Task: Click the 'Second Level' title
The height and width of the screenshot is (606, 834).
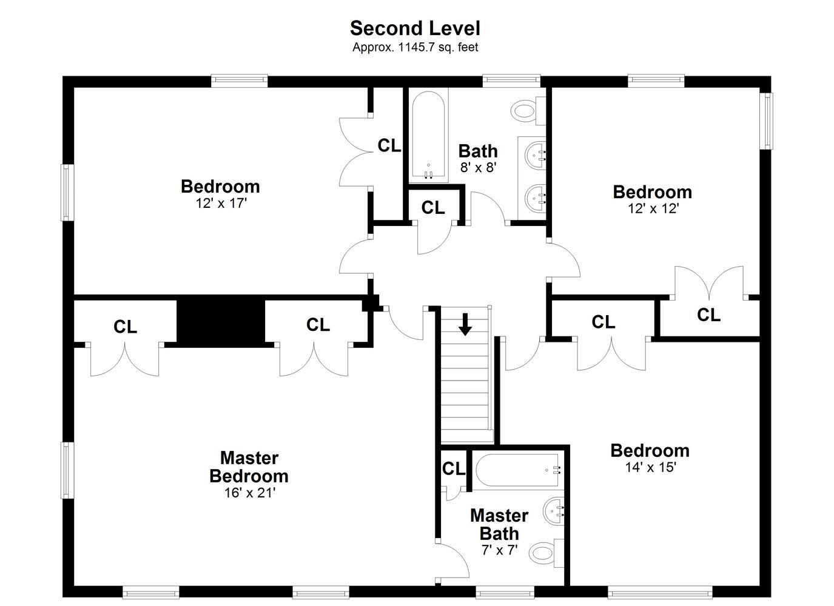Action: (x=415, y=28)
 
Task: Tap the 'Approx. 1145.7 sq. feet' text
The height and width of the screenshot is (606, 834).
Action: (x=415, y=48)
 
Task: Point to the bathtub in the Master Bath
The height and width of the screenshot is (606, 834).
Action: (x=517, y=470)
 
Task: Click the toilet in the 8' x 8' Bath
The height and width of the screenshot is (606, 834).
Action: (x=528, y=110)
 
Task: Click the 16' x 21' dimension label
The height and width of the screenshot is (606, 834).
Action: (x=249, y=493)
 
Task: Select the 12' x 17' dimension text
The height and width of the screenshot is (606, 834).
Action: (x=221, y=204)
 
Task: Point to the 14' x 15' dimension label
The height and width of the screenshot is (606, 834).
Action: (x=650, y=467)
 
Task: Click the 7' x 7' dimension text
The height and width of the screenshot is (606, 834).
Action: (x=499, y=550)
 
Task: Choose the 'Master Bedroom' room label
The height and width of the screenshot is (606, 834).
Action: (x=249, y=467)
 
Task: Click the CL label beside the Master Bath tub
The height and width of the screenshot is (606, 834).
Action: (x=454, y=468)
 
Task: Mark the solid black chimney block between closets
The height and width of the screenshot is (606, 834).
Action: (x=220, y=321)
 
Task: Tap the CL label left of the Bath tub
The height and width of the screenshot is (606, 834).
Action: (x=389, y=146)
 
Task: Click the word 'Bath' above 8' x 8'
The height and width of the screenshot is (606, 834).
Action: (x=478, y=151)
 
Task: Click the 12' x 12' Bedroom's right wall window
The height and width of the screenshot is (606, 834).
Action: (x=767, y=121)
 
